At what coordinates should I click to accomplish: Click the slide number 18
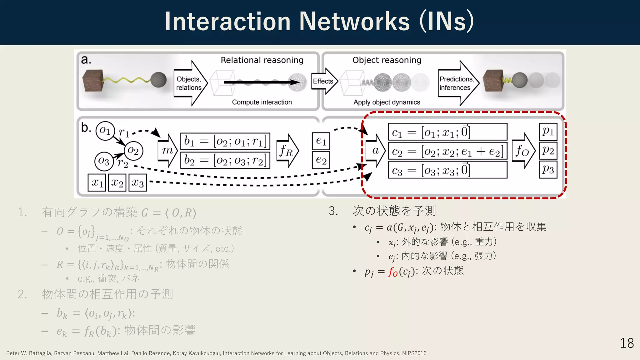coord(627,343)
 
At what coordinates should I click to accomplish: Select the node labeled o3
coord(104,161)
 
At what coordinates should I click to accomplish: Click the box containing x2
coord(117,182)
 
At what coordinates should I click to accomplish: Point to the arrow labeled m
coord(167,151)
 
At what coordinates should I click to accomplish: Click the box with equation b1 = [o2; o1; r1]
coord(225,141)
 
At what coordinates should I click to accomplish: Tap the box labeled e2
coord(321,160)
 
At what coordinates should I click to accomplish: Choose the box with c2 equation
coord(447,152)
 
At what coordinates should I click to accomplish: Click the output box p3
coord(548,169)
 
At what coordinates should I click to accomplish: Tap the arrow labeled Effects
coord(324,81)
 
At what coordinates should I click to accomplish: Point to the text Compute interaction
coord(262,102)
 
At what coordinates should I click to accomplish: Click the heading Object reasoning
coord(387,60)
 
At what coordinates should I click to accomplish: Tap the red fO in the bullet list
coord(393,272)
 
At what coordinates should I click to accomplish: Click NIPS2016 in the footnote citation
coord(414,353)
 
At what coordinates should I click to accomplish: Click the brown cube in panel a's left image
coord(93,80)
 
